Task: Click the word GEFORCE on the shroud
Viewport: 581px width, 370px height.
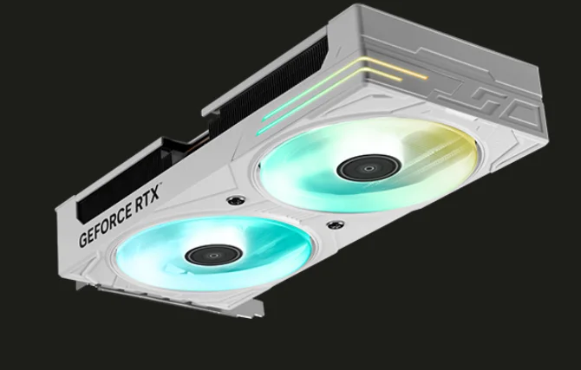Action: pyautogui.click(x=106, y=224)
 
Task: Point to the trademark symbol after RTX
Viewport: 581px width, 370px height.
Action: pyautogui.click(x=160, y=183)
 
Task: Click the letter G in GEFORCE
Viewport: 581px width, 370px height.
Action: pyautogui.click(x=82, y=240)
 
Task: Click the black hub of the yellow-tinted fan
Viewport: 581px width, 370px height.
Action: pyautogui.click(x=369, y=167)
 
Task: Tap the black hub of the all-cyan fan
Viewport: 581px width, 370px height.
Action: pyautogui.click(x=214, y=255)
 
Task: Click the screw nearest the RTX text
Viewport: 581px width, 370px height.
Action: pyautogui.click(x=236, y=200)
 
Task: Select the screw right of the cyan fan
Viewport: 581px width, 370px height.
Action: pyautogui.click(x=336, y=224)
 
